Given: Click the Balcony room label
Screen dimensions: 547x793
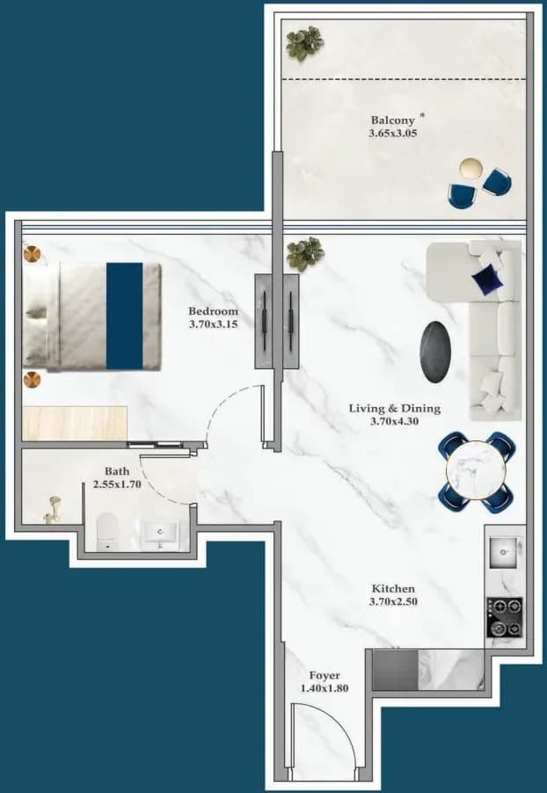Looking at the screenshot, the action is [x=393, y=120].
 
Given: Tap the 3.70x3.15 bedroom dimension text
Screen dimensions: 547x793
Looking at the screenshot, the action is [x=213, y=324].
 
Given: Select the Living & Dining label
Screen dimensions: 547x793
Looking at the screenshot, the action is [x=395, y=408].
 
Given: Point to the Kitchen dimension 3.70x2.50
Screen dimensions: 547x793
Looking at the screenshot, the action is [x=394, y=602].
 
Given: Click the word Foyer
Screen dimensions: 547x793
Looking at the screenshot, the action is [x=325, y=676].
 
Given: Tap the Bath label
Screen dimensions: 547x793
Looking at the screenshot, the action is [x=117, y=471].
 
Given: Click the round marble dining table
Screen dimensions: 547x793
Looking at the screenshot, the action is [x=476, y=471].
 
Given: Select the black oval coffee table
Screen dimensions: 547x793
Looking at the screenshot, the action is [x=435, y=352].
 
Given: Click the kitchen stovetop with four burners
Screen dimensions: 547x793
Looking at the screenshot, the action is [x=505, y=617].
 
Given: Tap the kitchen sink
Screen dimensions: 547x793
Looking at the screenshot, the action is [x=504, y=553].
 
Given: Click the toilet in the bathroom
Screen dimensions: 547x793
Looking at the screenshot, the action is [x=107, y=532].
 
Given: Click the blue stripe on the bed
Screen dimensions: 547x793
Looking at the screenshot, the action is [x=125, y=316].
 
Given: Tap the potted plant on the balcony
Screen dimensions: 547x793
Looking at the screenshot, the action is [x=304, y=43].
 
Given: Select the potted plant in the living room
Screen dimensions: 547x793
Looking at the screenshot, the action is [x=305, y=254].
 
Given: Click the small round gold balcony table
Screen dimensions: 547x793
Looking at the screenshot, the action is [x=470, y=168].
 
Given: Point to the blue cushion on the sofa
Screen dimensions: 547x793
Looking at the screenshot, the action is [x=487, y=280].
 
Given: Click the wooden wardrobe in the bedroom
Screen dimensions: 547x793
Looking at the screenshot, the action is [x=75, y=423].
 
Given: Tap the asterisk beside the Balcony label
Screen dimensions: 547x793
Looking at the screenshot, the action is [x=422, y=115].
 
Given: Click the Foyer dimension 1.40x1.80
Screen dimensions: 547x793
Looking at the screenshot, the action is [x=325, y=688].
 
